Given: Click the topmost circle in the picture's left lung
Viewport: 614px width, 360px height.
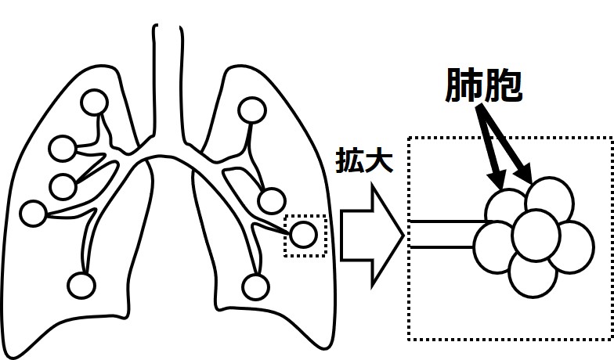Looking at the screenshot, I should (96, 103).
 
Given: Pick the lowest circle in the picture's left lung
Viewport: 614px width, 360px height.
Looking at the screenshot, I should (81, 285).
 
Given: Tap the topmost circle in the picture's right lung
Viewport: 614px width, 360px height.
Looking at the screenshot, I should (252, 110).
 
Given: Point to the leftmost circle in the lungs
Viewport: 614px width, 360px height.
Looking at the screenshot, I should (34, 213).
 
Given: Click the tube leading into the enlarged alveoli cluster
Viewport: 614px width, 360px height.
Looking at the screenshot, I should (442, 234).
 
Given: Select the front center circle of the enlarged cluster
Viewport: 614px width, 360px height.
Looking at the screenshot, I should (536, 232).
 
